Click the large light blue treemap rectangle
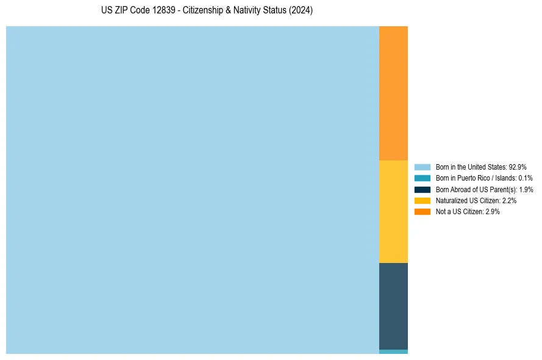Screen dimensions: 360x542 [193, 190]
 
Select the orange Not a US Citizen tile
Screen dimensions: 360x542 [393, 93]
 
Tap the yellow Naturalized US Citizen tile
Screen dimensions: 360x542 [393, 211]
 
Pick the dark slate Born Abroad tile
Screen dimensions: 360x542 [393, 306]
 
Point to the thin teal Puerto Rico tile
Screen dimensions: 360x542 [393, 351]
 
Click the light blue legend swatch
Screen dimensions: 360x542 [423, 167]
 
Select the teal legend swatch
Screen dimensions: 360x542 [423, 178]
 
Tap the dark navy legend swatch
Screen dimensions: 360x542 [423, 189]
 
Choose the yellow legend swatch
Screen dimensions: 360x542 [423, 200]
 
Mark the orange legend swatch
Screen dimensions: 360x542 [423, 211]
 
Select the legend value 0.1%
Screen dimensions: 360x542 [526, 178]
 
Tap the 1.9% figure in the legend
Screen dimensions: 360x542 [526, 189]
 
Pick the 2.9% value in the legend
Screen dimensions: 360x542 [493, 211]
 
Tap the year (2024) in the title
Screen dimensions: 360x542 [302, 11]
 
